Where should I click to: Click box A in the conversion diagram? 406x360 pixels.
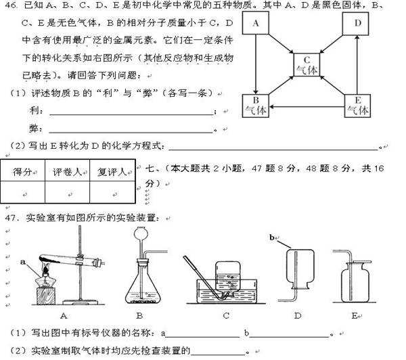coord(256,24)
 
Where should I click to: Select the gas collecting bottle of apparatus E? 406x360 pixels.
coord(353,283)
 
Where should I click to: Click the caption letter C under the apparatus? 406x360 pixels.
coord(225,315)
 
